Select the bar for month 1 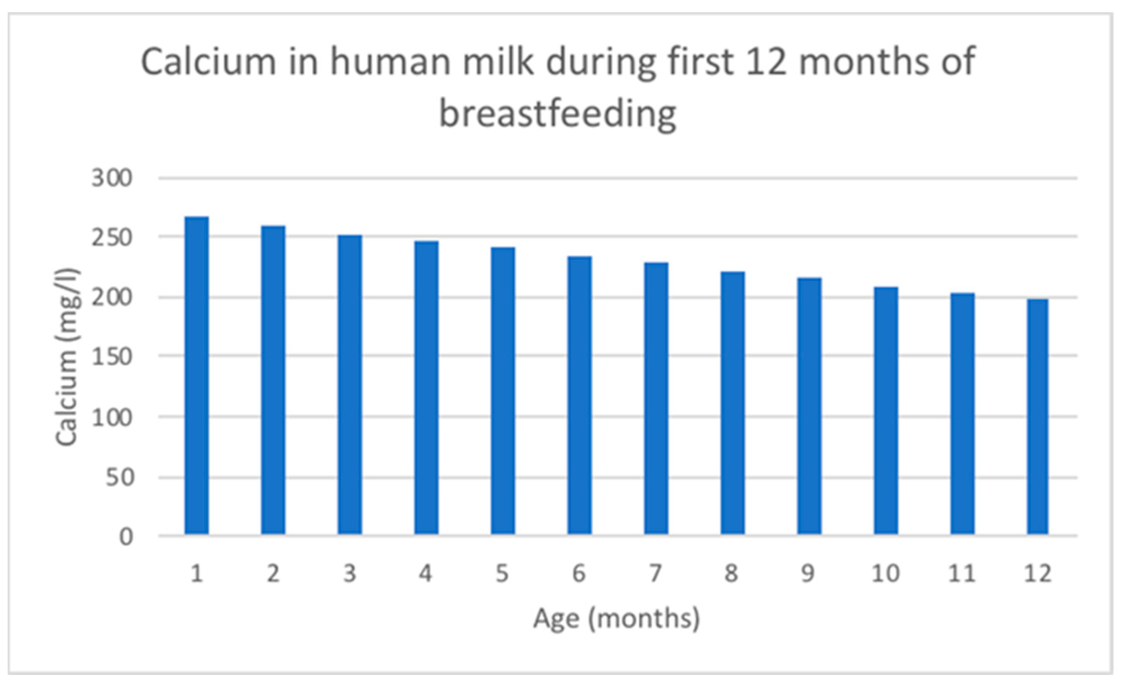pyautogui.click(x=196, y=375)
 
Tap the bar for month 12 pyautogui.click(x=1038, y=416)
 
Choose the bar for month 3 pyautogui.click(x=350, y=385)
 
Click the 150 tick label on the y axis pyautogui.click(x=112, y=357)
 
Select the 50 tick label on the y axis pyautogui.click(x=119, y=478)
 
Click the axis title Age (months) pyautogui.click(x=616, y=619)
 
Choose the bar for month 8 pyautogui.click(x=733, y=403)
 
